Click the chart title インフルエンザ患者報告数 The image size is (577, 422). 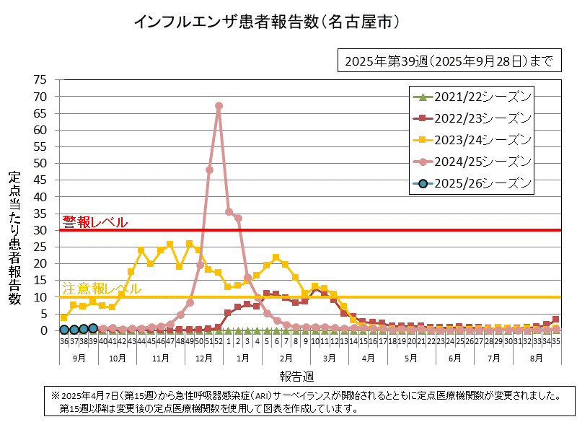(x=267, y=23)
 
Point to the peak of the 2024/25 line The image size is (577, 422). (x=219, y=106)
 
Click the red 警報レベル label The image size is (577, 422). (x=94, y=222)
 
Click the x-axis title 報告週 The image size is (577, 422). (x=298, y=377)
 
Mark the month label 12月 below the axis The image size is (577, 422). (x=204, y=357)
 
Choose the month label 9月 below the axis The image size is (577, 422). (x=79, y=357)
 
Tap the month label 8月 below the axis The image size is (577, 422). (x=536, y=357)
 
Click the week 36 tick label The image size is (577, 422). (x=64, y=341)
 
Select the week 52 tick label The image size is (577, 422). (x=219, y=341)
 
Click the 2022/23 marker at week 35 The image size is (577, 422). (x=555, y=319)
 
